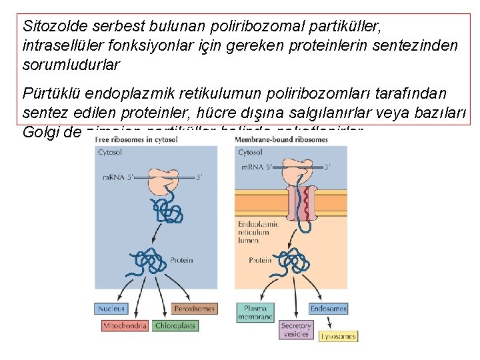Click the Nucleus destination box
pyautogui.click(x=111, y=309)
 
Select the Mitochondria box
pyautogui.click(x=125, y=326)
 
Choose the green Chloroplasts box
pyautogui.click(x=175, y=326)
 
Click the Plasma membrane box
pyautogui.click(x=255, y=313)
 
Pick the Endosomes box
pyautogui.click(x=328, y=309)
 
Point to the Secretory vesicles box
pyautogui.click(x=296, y=329)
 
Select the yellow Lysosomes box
pyautogui.click(x=339, y=337)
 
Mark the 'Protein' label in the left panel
pyautogui.click(x=181, y=261)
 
